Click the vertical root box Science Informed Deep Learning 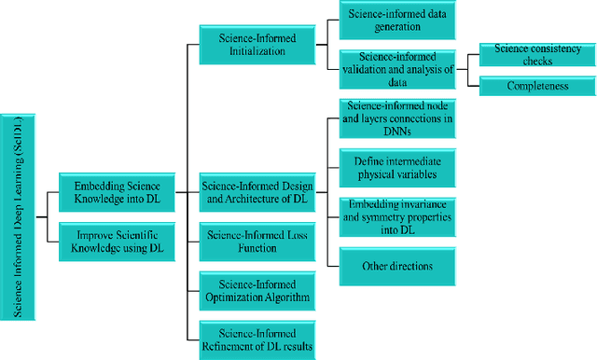(x=19, y=216)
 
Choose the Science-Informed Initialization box (x=257, y=45)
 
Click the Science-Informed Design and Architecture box (x=257, y=190)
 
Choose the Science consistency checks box (x=536, y=54)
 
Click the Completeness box (x=536, y=86)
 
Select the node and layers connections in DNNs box (x=396, y=118)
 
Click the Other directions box (x=396, y=266)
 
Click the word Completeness (x=536, y=86)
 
